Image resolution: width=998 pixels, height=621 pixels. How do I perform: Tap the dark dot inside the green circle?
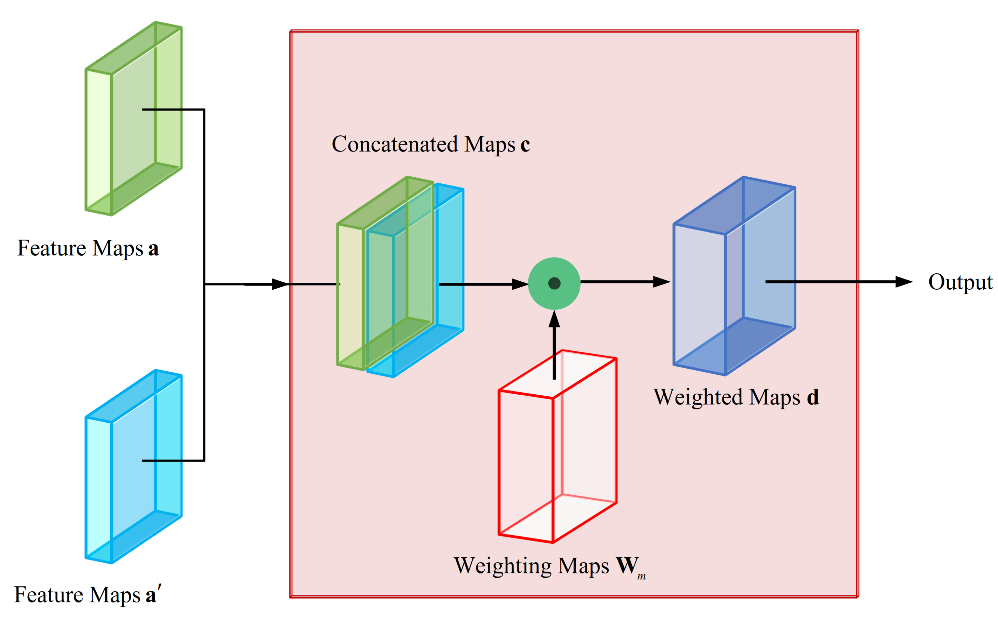click(554, 283)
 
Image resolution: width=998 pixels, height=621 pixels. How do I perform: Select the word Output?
click(960, 282)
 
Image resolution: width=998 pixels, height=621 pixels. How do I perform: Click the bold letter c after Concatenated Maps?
click(525, 145)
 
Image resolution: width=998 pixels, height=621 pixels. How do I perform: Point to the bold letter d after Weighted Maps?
click(813, 397)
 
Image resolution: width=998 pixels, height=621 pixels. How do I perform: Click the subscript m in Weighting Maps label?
click(641, 577)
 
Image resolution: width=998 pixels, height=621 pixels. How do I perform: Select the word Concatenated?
click(395, 144)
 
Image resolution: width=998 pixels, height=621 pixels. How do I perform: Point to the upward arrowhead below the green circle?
click(554, 319)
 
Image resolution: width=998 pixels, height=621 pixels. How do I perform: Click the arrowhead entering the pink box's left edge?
click(281, 284)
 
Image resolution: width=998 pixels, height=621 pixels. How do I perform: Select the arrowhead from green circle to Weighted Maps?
click(661, 282)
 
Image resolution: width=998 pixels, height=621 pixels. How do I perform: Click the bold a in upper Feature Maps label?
click(153, 249)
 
